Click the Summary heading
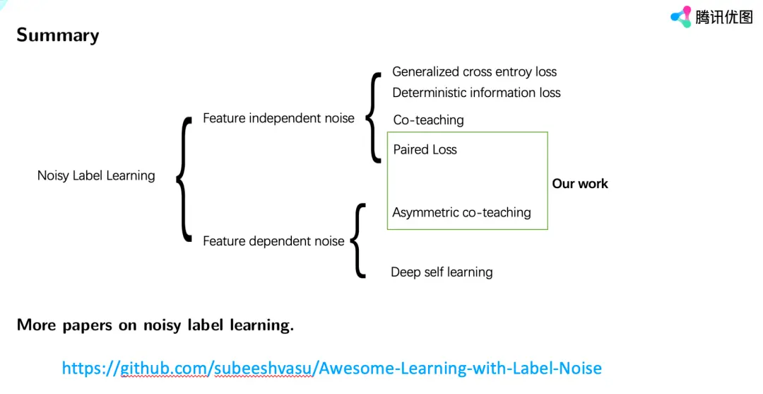[58, 35]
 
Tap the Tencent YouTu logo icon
[681, 16]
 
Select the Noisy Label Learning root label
[96, 175]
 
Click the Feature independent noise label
[278, 118]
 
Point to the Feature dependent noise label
[273, 241]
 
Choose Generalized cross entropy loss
[474, 71]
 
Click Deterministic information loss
[476, 93]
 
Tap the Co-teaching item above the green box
[428, 120]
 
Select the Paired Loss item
[425, 149]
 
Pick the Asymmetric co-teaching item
[461, 212]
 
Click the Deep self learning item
[442, 272]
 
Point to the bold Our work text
[580, 184]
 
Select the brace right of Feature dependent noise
[358, 241]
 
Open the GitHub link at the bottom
[331, 369]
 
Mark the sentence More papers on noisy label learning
[155, 325]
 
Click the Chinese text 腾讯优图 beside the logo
[724, 17]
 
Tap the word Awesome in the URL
[353, 369]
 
